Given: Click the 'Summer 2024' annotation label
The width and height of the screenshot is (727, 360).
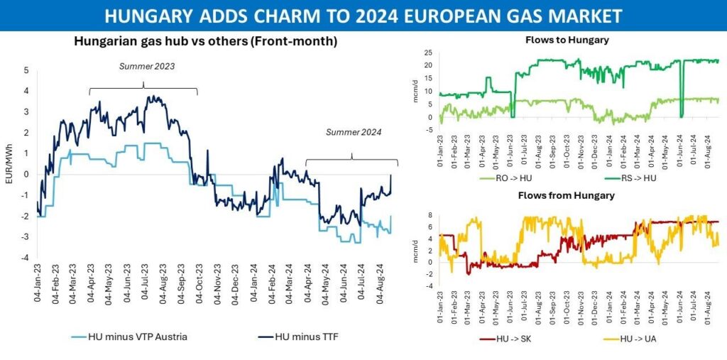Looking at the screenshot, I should (354, 132).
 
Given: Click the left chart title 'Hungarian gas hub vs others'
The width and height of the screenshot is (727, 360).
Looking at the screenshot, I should (205, 42).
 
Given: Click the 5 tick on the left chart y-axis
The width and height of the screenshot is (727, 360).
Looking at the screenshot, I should (26, 70).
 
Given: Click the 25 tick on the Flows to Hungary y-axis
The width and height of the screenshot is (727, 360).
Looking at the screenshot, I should (427, 53).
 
